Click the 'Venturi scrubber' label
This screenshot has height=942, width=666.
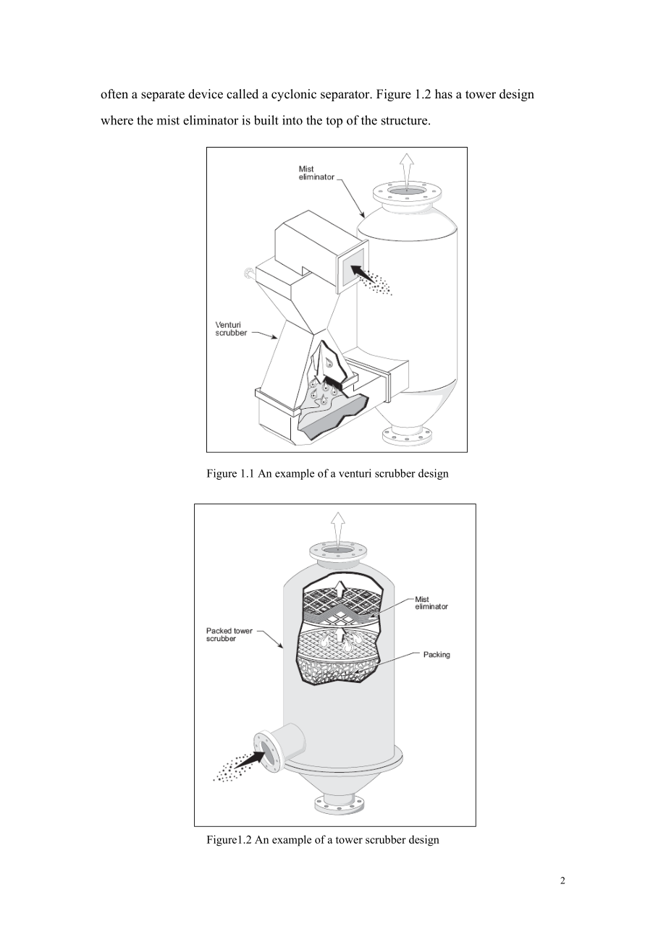click(x=230, y=329)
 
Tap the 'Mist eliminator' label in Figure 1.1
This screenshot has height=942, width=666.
click(x=316, y=173)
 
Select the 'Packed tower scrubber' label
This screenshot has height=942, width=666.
click(x=229, y=635)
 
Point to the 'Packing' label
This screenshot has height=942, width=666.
click(x=437, y=655)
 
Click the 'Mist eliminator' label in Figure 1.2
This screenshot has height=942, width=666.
click(x=431, y=603)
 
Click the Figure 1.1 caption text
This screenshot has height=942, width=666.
click(x=327, y=473)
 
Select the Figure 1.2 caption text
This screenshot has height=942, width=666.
click(x=323, y=840)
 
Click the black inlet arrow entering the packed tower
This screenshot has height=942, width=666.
click(x=250, y=759)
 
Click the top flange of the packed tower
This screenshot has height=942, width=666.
click(x=338, y=551)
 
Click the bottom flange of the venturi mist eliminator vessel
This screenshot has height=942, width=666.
click(x=407, y=436)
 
